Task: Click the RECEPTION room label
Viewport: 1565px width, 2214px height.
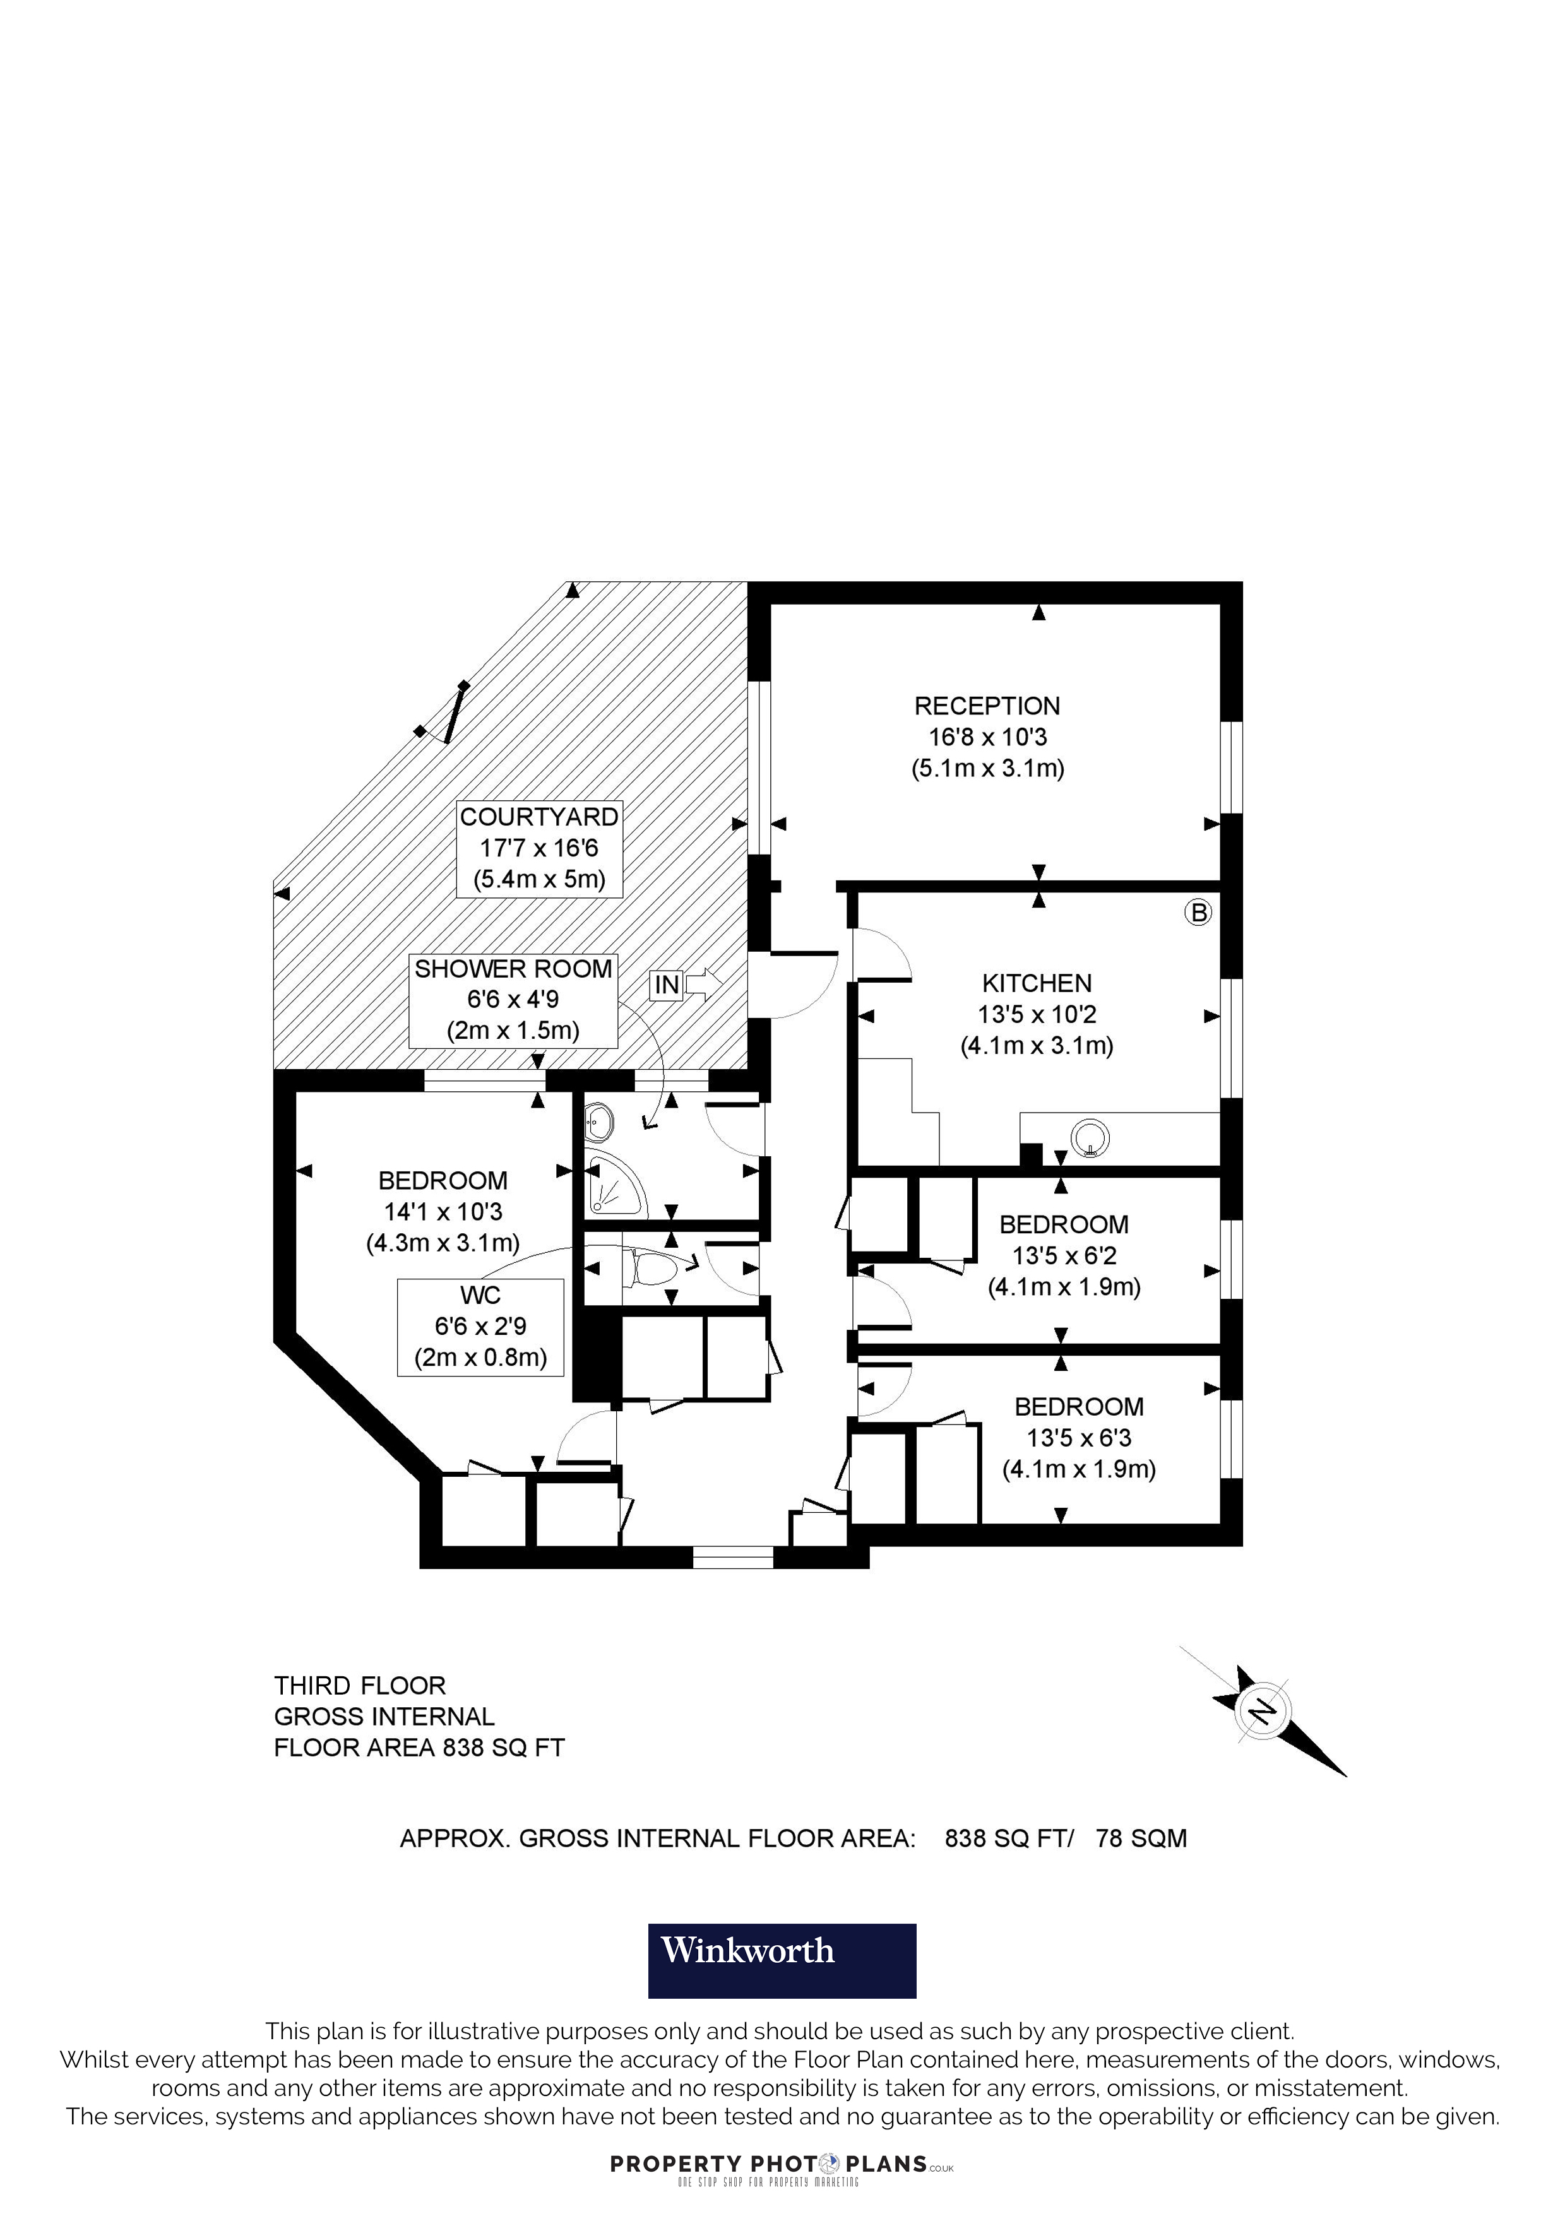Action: [987, 706]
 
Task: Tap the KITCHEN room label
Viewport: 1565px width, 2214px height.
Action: [1037, 983]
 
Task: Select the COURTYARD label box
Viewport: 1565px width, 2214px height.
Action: [539, 849]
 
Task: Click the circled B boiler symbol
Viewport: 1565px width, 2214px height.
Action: [1198, 912]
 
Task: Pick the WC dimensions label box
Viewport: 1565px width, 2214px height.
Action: [480, 1327]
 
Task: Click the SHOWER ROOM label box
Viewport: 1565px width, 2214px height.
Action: [513, 1000]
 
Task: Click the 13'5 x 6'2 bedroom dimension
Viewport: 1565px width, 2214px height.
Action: [1064, 1255]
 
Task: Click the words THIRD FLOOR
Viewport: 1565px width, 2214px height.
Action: [360, 1686]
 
